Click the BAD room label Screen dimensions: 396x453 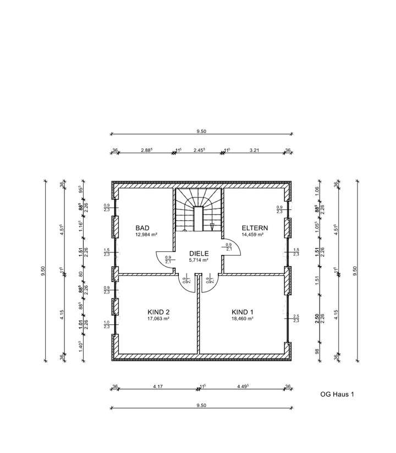[x=142, y=228]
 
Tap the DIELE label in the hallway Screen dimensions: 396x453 [x=198, y=253]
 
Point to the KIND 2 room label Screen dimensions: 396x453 [x=157, y=311]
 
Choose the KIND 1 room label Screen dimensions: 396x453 [x=243, y=311]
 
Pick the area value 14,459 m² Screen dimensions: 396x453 [x=252, y=235]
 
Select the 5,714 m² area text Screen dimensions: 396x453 [x=198, y=260]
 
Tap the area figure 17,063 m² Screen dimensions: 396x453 [x=158, y=318]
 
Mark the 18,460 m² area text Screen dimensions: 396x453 [x=242, y=318]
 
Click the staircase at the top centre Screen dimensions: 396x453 [x=199, y=212]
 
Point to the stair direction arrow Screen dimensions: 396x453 [x=212, y=226]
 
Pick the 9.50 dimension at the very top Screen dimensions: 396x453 [x=201, y=131]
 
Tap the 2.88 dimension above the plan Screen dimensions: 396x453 [x=146, y=150]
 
